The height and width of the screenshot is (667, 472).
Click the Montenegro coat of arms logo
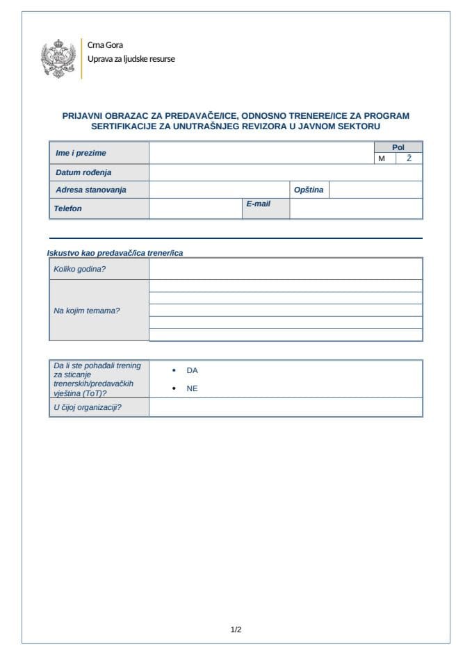tap(58, 58)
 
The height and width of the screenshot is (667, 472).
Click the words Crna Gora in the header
tap(105, 45)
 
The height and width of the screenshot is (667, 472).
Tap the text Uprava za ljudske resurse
tap(131, 59)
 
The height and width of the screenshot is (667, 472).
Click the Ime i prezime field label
tap(81, 153)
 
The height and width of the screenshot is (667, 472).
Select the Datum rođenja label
tap(83, 172)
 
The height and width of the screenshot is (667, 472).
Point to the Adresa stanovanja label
tap(91, 190)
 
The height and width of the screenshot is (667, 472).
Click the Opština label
tap(309, 190)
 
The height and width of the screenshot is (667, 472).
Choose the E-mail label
tap(258, 204)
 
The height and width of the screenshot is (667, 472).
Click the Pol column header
tap(398, 147)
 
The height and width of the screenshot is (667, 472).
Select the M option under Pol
tap(381, 158)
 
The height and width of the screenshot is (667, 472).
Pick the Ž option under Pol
tap(409, 158)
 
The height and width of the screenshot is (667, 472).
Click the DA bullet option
tap(192, 371)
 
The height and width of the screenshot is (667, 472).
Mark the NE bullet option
tap(192, 389)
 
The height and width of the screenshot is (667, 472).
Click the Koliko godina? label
tap(80, 269)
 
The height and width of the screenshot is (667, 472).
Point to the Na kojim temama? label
tap(87, 311)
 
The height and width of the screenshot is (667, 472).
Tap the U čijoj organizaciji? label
tap(88, 407)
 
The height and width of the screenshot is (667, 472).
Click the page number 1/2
tap(236, 630)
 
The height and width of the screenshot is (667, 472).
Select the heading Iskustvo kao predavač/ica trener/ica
tap(115, 253)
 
